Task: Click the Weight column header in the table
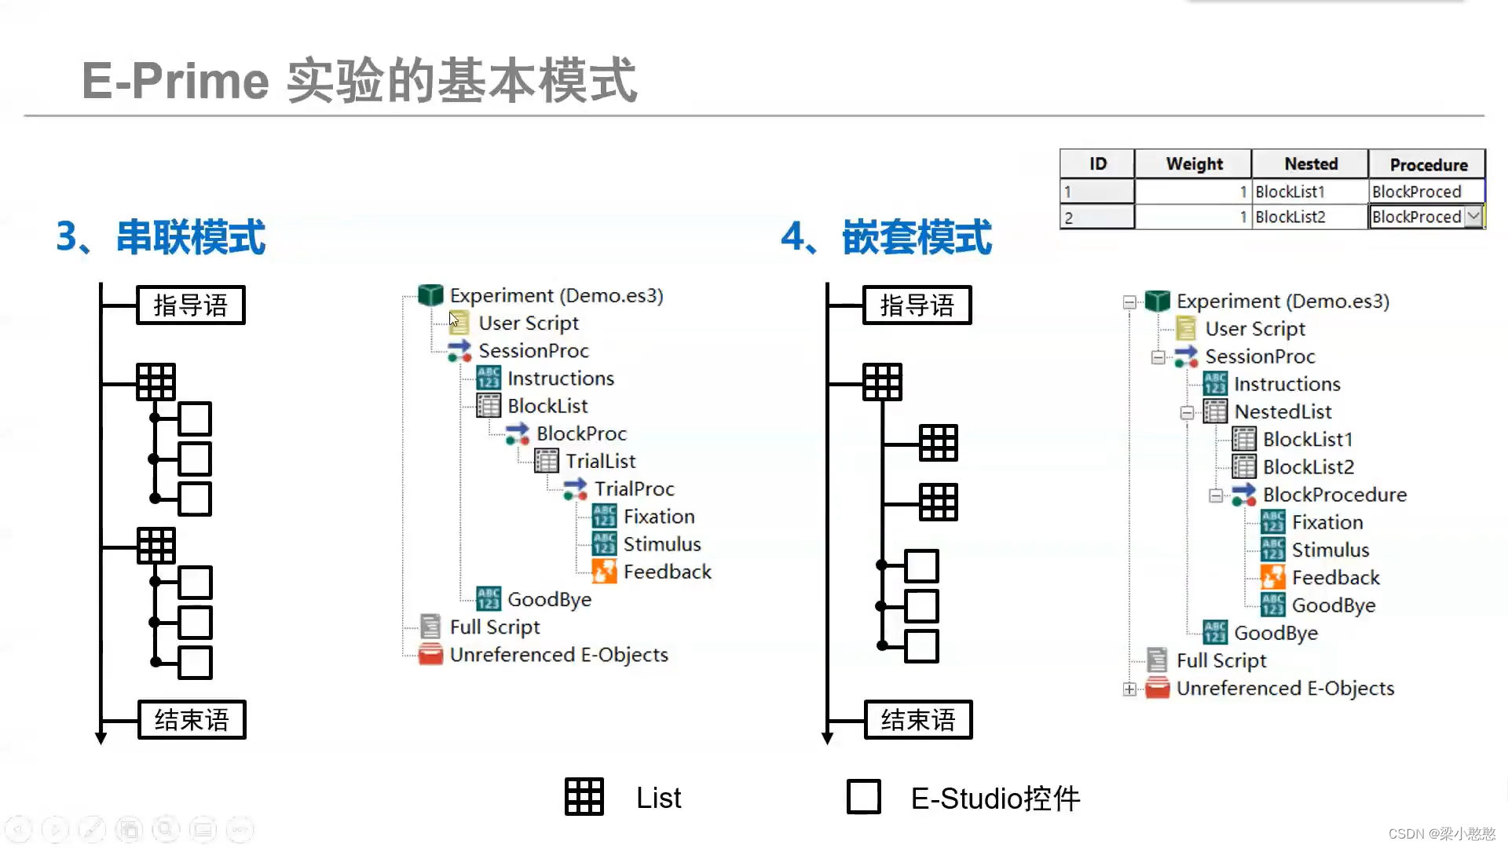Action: pyautogui.click(x=1193, y=164)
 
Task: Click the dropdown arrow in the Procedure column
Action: pyautogui.click(x=1473, y=216)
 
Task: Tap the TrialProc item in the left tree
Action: pyautogui.click(x=633, y=489)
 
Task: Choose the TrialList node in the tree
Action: pyautogui.click(x=600, y=462)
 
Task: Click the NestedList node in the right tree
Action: pyautogui.click(x=1282, y=412)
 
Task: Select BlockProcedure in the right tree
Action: pyautogui.click(x=1334, y=495)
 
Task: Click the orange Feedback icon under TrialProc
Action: pyautogui.click(x=604, y=572)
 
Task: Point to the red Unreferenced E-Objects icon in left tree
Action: pyautogui.click(x=430, y=655)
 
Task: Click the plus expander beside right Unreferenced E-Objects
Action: pyautogui.click(x=1129, y=689)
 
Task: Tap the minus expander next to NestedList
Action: pyautogui.click(x=1187, y=412)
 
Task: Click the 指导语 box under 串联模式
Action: pyautogui.click(x=191, y=305)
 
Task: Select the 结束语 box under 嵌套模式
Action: pyautogui.click(x=918, y=720)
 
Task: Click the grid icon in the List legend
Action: pyautogui.click(x=584, y=797)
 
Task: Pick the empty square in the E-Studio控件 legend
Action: pyautogui.click(x=863, y=797)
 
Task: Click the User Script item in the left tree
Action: pyautogui.click(x=528, y=323)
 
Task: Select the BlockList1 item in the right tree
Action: pyautogui.click(x=1307, y=440)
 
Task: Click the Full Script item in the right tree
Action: pyautogui.click(x=1221, y=661)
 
